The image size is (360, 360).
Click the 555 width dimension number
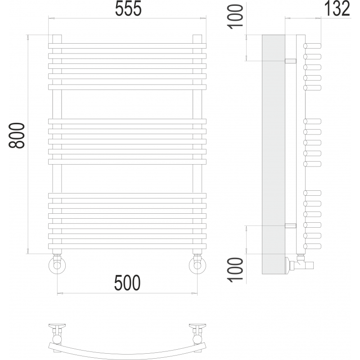[x=128, y=9]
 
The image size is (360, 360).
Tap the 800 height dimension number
[x=17, y=135]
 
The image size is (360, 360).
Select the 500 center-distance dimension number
[x=127, y=283]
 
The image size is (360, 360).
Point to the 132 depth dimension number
[x=337, y=9]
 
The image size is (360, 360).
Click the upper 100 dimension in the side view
[x=235, y=17]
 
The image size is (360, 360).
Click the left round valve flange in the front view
[x=57, y=265]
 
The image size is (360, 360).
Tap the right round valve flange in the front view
[x=198, y=265]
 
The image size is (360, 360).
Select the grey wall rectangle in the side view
[x=274, y=154]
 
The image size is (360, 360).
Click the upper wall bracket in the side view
[x=291, y=61]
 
